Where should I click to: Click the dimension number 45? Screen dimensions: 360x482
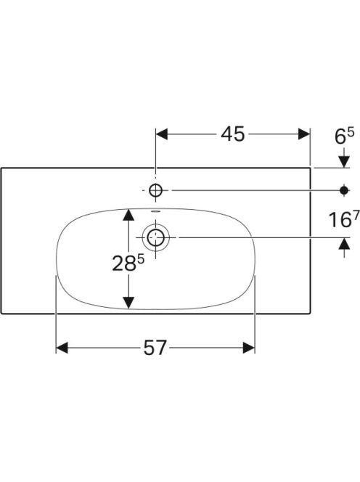tap(233, 134)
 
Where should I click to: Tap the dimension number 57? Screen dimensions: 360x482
tap(155, 348)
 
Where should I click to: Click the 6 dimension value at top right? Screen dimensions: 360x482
tap(340, 136)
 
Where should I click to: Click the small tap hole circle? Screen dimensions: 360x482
tap(155, 191)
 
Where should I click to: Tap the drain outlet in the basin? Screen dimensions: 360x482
tap(155, 237)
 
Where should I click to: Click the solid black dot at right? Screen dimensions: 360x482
tap(344, 191)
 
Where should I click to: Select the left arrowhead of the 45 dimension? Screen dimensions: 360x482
tap(162, 134)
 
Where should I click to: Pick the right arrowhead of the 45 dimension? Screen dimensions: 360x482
tap(304, 134)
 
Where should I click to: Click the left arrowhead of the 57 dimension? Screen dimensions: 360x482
tap(62, 348)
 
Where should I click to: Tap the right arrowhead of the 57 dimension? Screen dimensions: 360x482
tap(249, 348)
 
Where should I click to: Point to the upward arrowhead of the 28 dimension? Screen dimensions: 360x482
tap(128, 215)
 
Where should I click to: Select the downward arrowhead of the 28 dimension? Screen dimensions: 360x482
tap(128, 303)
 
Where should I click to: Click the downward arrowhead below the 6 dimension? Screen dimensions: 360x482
tap(344, 162)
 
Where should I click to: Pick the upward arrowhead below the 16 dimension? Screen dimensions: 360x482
tap(344, 243)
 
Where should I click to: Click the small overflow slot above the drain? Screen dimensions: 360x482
tap(155, 211)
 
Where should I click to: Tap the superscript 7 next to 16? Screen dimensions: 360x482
tap(356, 217)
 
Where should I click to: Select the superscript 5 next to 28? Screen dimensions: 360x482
tap(140, 260)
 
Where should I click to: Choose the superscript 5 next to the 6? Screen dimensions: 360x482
tap(351, 133)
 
